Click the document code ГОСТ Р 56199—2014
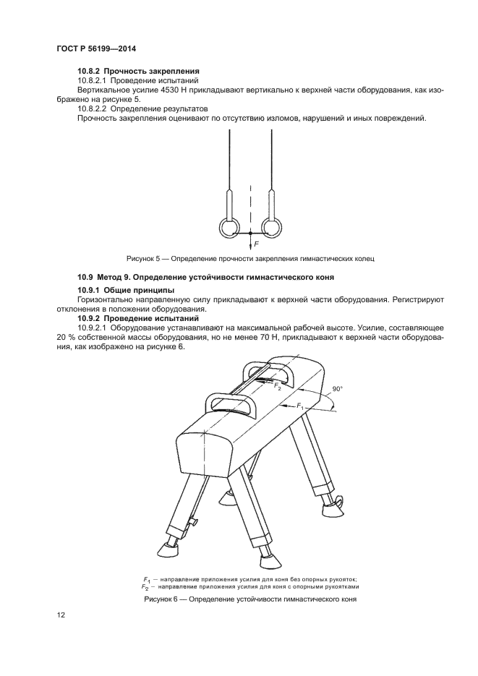coord(96,48)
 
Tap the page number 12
coord(60,615)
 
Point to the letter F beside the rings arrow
coord(256,244)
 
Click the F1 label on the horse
coord(300,406)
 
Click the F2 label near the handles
coord(277,386)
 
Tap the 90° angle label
coord(337,389)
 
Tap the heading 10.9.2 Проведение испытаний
coord(138,319)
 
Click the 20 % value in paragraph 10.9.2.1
coord(64,338)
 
